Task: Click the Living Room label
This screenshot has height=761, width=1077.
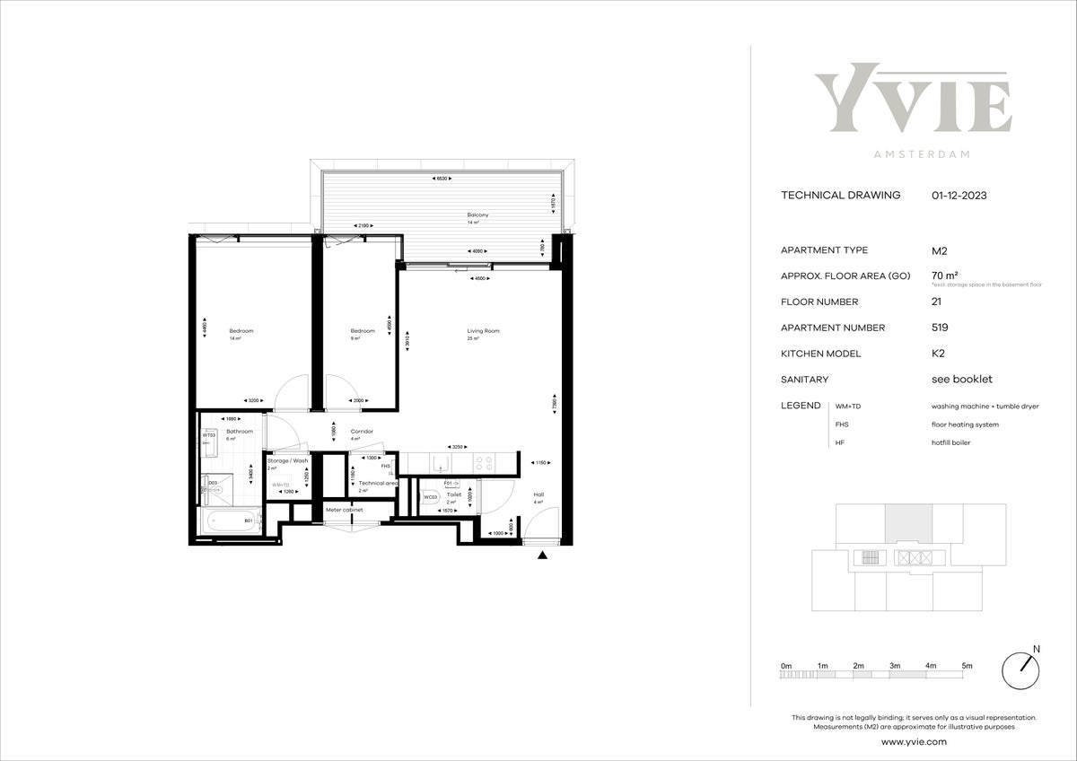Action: [x=483, y=331]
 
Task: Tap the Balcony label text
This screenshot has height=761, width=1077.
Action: [x=477, y=215]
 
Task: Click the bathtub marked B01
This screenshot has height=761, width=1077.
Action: [x=230, y=520]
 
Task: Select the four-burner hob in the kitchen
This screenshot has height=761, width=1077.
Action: [x=484, y=463]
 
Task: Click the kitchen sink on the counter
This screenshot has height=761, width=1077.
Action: [x=440, y=463]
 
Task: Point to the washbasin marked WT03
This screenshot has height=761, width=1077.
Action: [x=209, y=440]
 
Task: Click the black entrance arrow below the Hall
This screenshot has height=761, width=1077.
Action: [x=542, y=556]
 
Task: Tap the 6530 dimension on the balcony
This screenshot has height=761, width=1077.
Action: [x=442, y=179]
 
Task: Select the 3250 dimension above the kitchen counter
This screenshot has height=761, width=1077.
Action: [x=457, y=446]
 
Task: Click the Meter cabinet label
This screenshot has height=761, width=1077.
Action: [x=344, y=510]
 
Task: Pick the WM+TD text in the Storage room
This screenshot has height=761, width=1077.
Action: [x=280, y=485]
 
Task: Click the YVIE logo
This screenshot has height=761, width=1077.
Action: [x=913, y=99]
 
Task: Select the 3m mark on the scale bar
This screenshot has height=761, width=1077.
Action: [x=895, y=666]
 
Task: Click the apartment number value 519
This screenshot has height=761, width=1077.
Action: [x=940, y=328]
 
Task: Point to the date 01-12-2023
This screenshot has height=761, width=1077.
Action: [x=959, y=195]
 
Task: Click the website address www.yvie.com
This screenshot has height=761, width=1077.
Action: [x=914, y=742]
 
